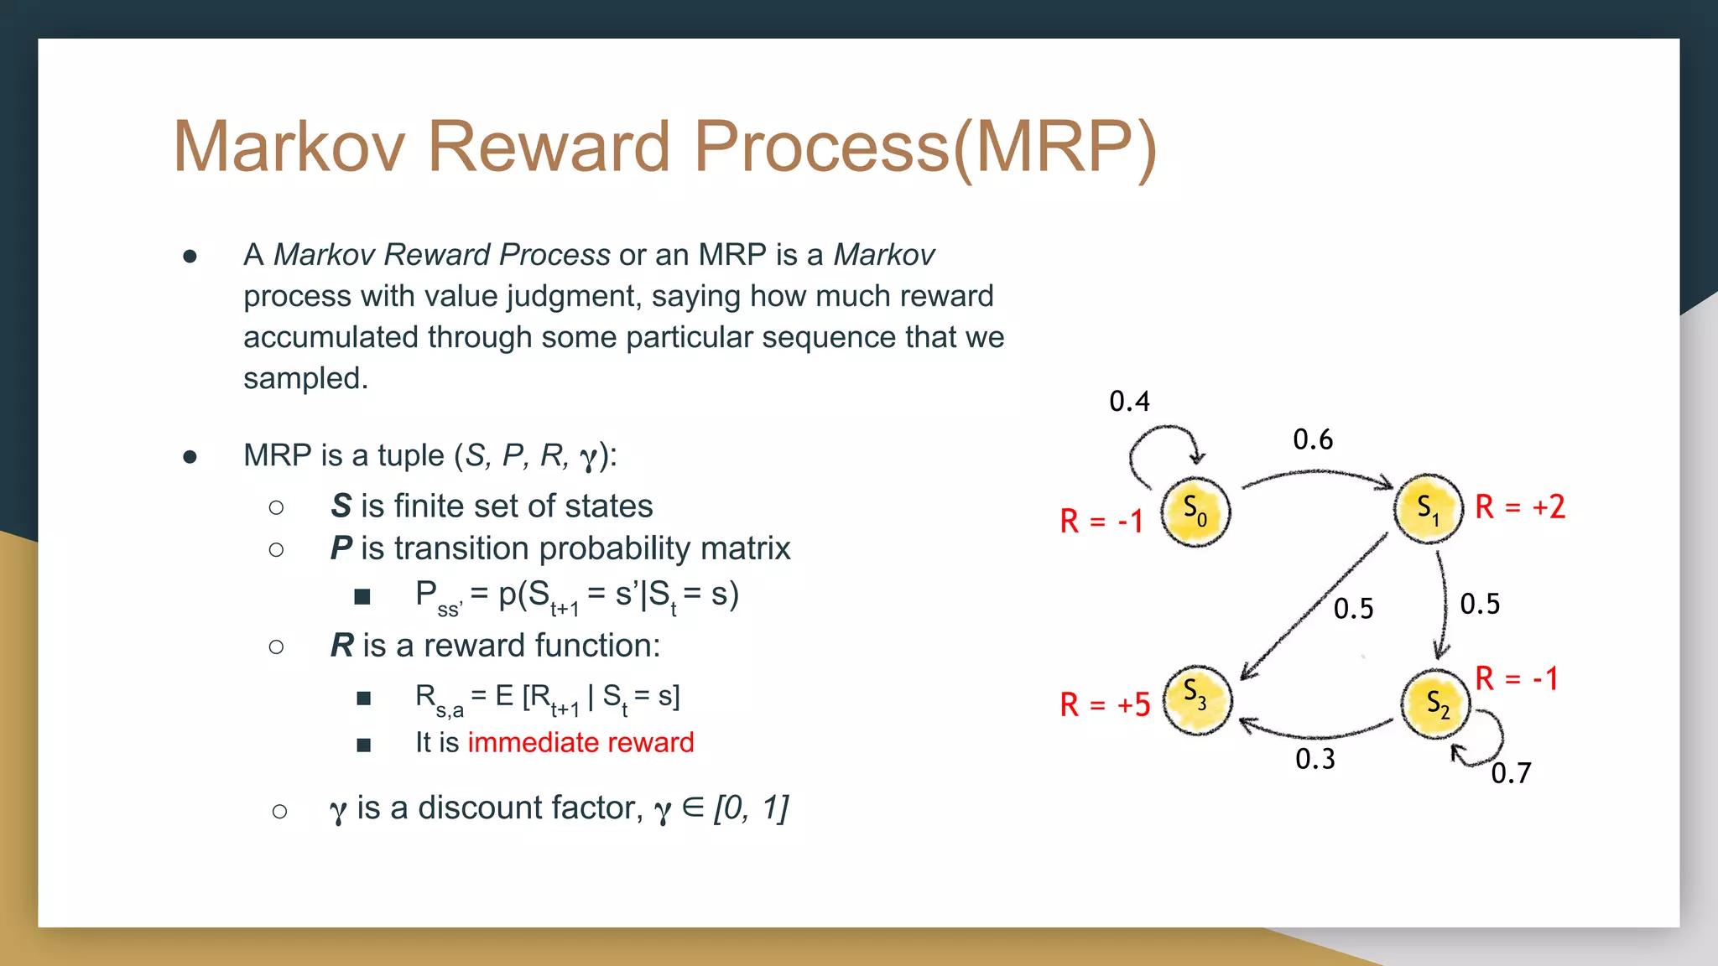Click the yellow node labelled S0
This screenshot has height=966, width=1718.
1195,512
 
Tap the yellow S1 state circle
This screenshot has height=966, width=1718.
1429,508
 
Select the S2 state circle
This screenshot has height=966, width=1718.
1436,704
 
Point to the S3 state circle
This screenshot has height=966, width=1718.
1197,699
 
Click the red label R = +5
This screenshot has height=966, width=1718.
1105,705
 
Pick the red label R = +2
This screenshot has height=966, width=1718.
1520,507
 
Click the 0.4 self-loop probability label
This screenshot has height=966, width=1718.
1129,402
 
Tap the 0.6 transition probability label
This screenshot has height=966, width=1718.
1313,439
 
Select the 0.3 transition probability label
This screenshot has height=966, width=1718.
1315,759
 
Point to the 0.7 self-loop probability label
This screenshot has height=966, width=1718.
1511,773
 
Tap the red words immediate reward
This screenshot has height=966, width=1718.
580,743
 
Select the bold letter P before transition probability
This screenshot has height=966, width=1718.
341,548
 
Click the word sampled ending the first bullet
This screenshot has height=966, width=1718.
305,379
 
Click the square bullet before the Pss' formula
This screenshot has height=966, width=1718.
362,596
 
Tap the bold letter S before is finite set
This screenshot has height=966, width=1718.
341,506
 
